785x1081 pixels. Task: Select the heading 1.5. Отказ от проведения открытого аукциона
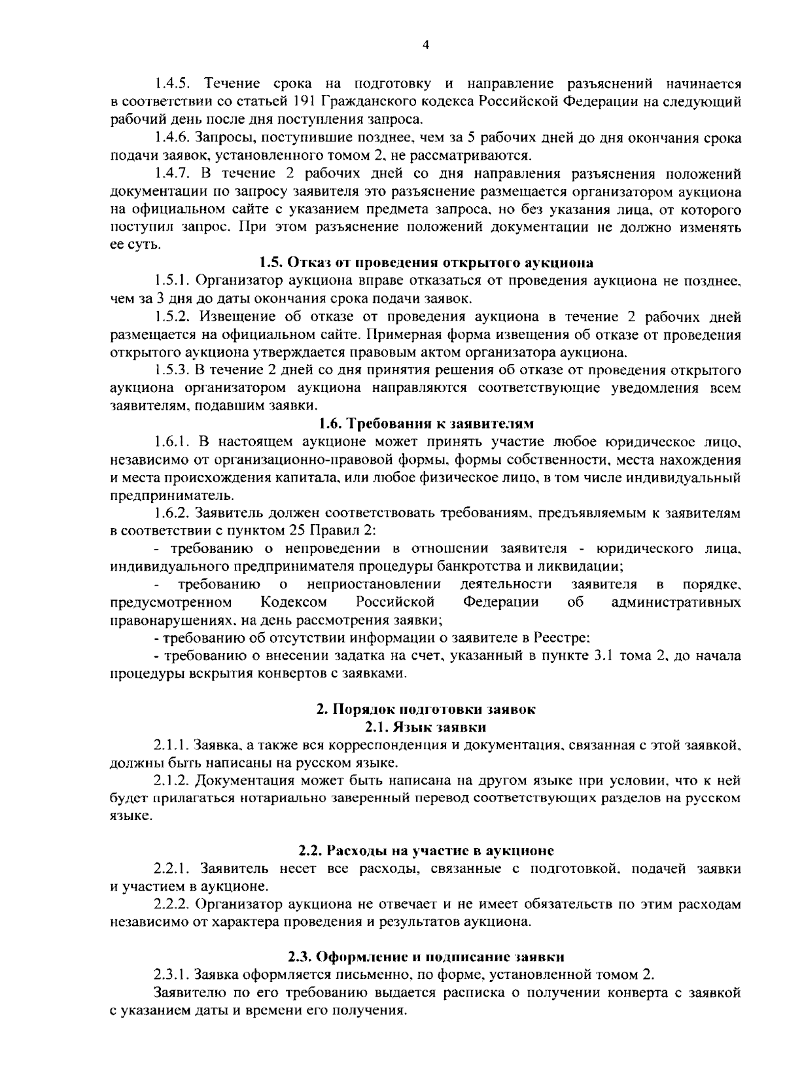[426, 263]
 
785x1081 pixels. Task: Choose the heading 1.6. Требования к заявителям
[426, 423]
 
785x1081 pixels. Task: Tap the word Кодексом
[294, 601]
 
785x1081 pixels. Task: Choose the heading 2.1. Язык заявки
[426, 726]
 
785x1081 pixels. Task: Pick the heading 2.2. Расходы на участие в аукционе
[426, 851]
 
